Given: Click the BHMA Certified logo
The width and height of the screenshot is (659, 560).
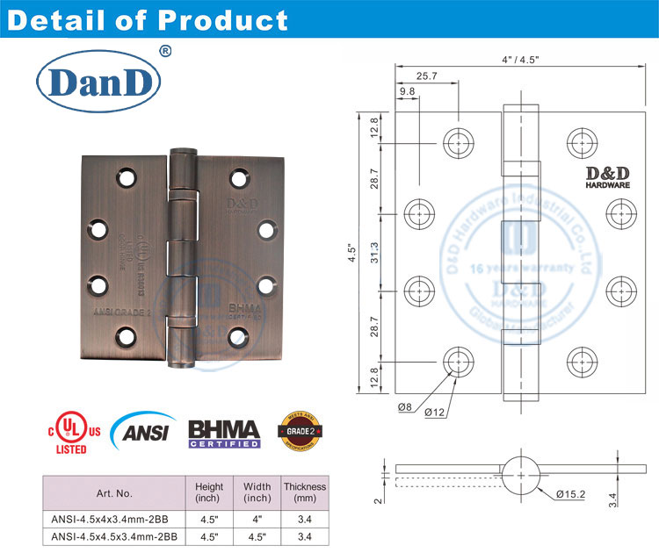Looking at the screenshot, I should point(224,433).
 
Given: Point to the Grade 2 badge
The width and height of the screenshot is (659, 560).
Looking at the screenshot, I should point(294,430).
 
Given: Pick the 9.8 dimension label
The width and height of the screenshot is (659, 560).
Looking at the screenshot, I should point(408,90).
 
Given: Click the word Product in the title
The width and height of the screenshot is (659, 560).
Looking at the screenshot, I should point(228,19).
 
